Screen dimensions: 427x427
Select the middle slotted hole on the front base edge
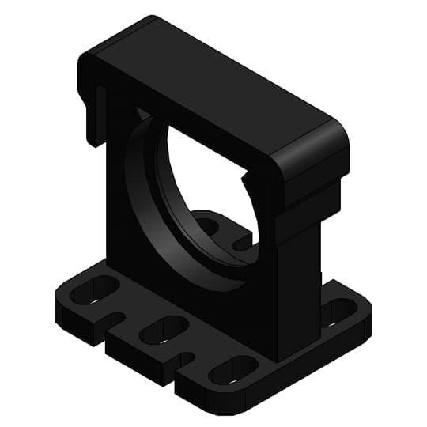(x=162, y=329)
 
